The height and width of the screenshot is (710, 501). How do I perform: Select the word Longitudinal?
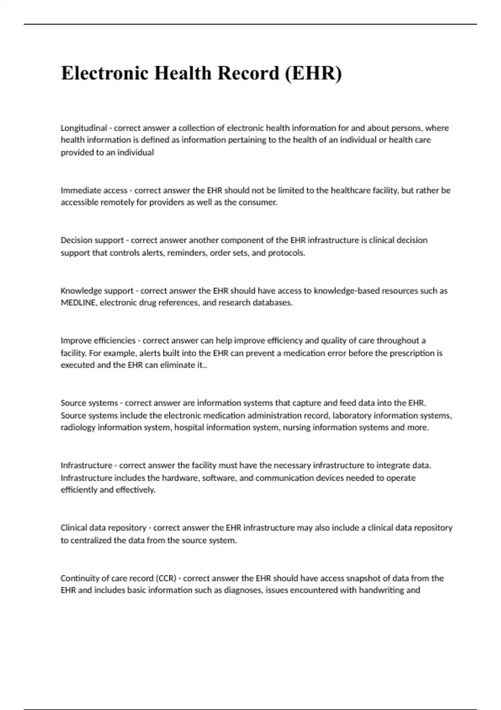(84, 128)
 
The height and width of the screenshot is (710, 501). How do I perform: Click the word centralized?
(91, 540)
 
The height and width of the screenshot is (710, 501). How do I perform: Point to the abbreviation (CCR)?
(166, 578)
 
